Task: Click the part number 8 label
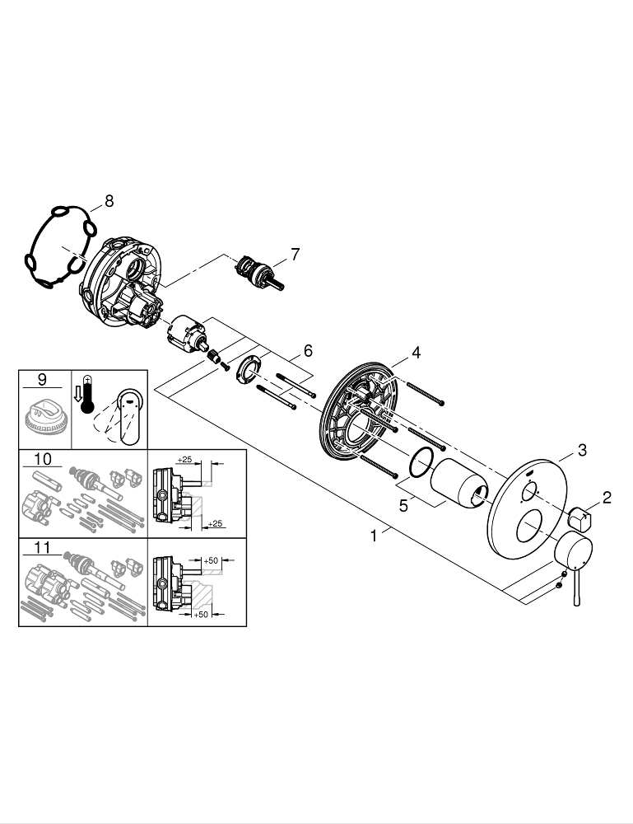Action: (x=109, y=200)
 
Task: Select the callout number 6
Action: (x=308, y=350)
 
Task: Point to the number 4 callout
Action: (x=417, y=353)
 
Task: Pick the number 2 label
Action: (x=607, y=497)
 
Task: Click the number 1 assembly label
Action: (x=374, y=536)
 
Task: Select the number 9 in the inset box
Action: (x=42, y=380)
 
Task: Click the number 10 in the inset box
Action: (x=43, y=458)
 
